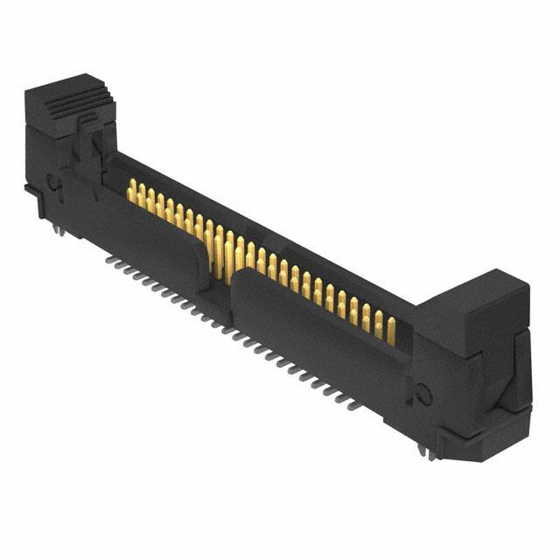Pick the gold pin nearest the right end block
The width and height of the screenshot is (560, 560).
(390, 327)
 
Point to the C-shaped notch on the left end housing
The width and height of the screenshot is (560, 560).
(53, 184)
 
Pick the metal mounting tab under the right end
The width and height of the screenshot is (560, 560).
(424, 451)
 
